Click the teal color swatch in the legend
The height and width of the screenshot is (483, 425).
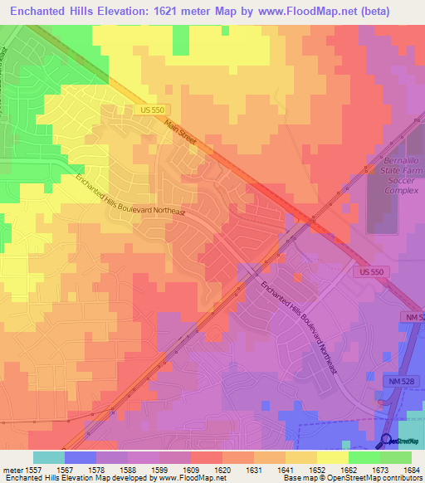click(x=48, y=456)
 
